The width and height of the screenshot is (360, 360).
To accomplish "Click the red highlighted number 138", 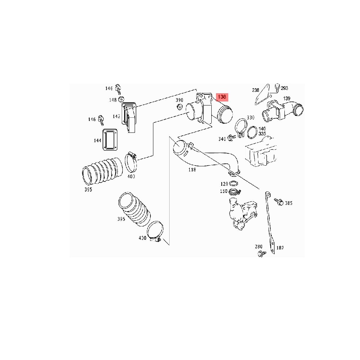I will [222, 97].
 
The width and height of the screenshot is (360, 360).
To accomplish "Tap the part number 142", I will [116, 116].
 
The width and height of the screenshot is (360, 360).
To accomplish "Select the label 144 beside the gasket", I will [98, 140].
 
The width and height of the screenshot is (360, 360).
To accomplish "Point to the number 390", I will [179, 100].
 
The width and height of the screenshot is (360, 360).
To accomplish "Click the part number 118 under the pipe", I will [192, 169].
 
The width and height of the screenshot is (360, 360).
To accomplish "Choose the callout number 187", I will [280, 248].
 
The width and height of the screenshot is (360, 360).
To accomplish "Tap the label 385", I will [289, 203].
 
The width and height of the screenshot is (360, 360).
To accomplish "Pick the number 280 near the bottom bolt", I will [259, 247].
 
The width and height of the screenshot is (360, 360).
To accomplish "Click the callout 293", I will [284, 88].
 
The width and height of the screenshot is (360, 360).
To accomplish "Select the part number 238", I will [256, 90].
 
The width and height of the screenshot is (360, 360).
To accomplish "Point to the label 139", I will [287, 98].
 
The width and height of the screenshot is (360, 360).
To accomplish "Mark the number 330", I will [251, 118].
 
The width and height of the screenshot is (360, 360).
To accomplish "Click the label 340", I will [222, 139].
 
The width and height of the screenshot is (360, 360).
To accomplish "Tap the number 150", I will [224, 191].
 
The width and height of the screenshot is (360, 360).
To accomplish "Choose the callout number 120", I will [224, 184].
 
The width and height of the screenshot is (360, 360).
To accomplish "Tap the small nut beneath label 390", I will [179, 107].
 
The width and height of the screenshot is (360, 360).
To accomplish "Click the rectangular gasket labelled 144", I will [109, 139].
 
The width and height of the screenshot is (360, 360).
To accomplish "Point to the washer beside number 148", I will [121, 99].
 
